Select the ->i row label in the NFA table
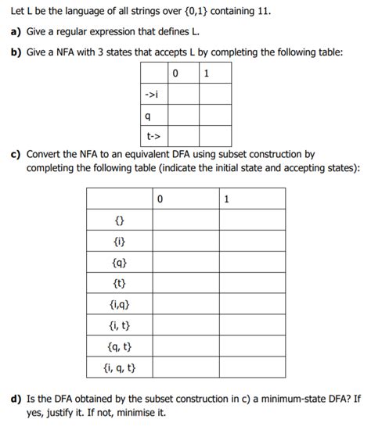point(153,95)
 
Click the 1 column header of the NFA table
point(205,74)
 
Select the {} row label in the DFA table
point(120,220)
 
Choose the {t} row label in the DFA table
point(120,283)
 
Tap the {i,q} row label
point(120,304)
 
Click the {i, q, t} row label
point(120,367)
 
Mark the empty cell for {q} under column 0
point(185,262)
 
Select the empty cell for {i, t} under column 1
point(252,324)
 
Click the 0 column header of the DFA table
point(160,199)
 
